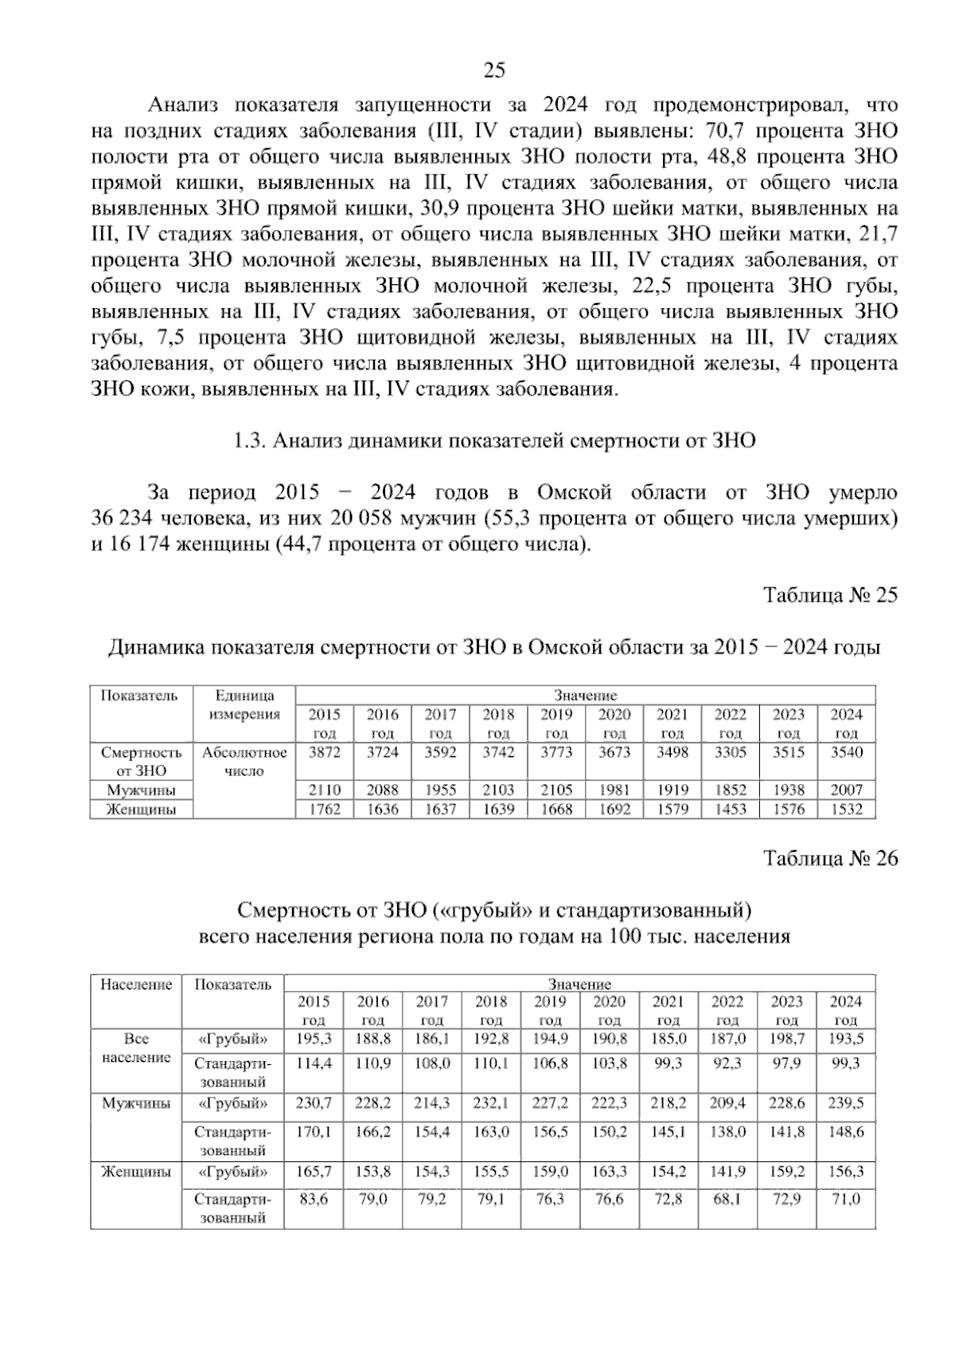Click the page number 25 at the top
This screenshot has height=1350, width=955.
(494, 71)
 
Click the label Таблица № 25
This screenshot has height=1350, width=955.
(830, 595)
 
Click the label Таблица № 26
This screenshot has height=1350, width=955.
(830, 858)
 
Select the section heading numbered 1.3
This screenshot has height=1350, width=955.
(494, 440)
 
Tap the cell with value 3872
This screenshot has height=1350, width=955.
(325, 752)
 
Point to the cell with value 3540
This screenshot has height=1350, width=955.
(846, 752)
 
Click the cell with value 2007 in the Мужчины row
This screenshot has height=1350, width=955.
(846, 790)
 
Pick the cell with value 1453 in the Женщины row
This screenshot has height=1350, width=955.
(730, 810)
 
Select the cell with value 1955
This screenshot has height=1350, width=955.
(440, 790)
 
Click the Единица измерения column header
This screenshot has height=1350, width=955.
(244, 705)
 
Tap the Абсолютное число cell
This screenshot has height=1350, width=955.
(244, 761)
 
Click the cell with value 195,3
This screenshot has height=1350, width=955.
(314, 1039)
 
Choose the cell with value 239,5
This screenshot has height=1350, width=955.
(845, 1103)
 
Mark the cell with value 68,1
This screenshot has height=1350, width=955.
(727, 1199)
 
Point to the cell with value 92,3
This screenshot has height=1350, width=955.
(727, 1063)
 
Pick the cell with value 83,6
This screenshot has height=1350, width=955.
(314, 1199)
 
